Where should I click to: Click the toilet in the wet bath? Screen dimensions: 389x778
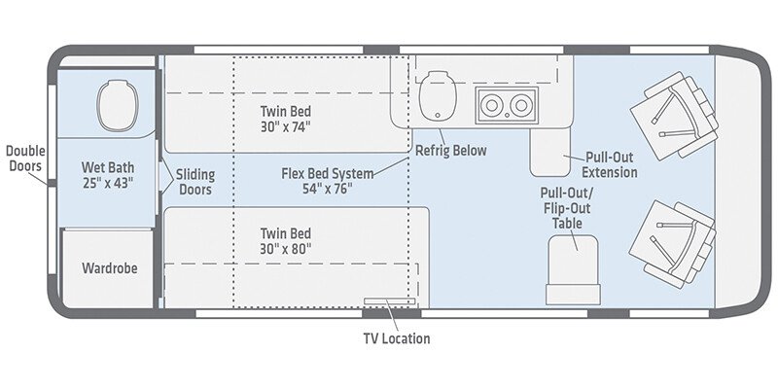click(x=114, y=101)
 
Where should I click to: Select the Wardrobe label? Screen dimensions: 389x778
click(x=109, y=265)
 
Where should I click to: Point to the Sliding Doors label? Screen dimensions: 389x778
click(x=195, y=182)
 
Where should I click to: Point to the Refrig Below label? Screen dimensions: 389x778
click(x=451, y=151)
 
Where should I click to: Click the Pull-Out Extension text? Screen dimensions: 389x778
click(x=611, y=164)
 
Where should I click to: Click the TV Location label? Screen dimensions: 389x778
click(x=396, y=338)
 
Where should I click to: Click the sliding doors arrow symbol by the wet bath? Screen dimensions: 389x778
click(x=167, y=180)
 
